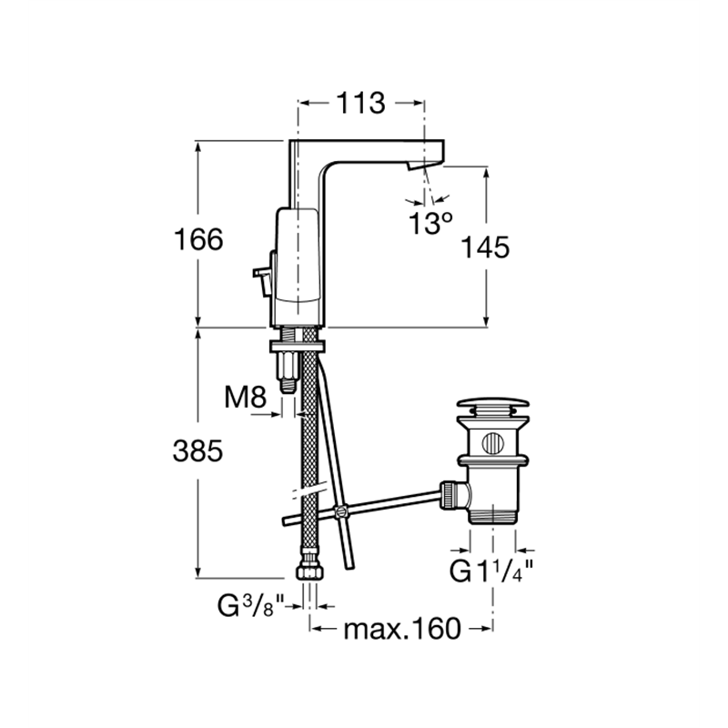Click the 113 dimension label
pyautogui.click(x=360, y=103)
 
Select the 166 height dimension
pyautogui.click(x=198, y=240)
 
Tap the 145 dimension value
pyautogui.click(x=485, y=247)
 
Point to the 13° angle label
pyautogui.click(x=430, y=223)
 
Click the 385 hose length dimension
pyautogui.click(x=197, y=450)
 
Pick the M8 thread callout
pyautogui.click(x=246, y=398)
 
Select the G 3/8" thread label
pyautogui.click(x=251, y=605)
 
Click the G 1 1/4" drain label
pyautogui.click(x=491, y=571)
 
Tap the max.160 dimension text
pyautogui.click(x=402, y=629)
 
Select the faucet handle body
pyautogui.click(x=298, y=268)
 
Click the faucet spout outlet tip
pyautogui.click(x=416, y=166)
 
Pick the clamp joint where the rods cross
pyautogui.click(x=341, y=511)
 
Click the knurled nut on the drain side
pyautogui.click(x=448, y=494)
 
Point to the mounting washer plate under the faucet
pyautogui.click(x=298, y=346)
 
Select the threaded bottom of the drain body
pyautogui.click(x=493, y=516)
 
